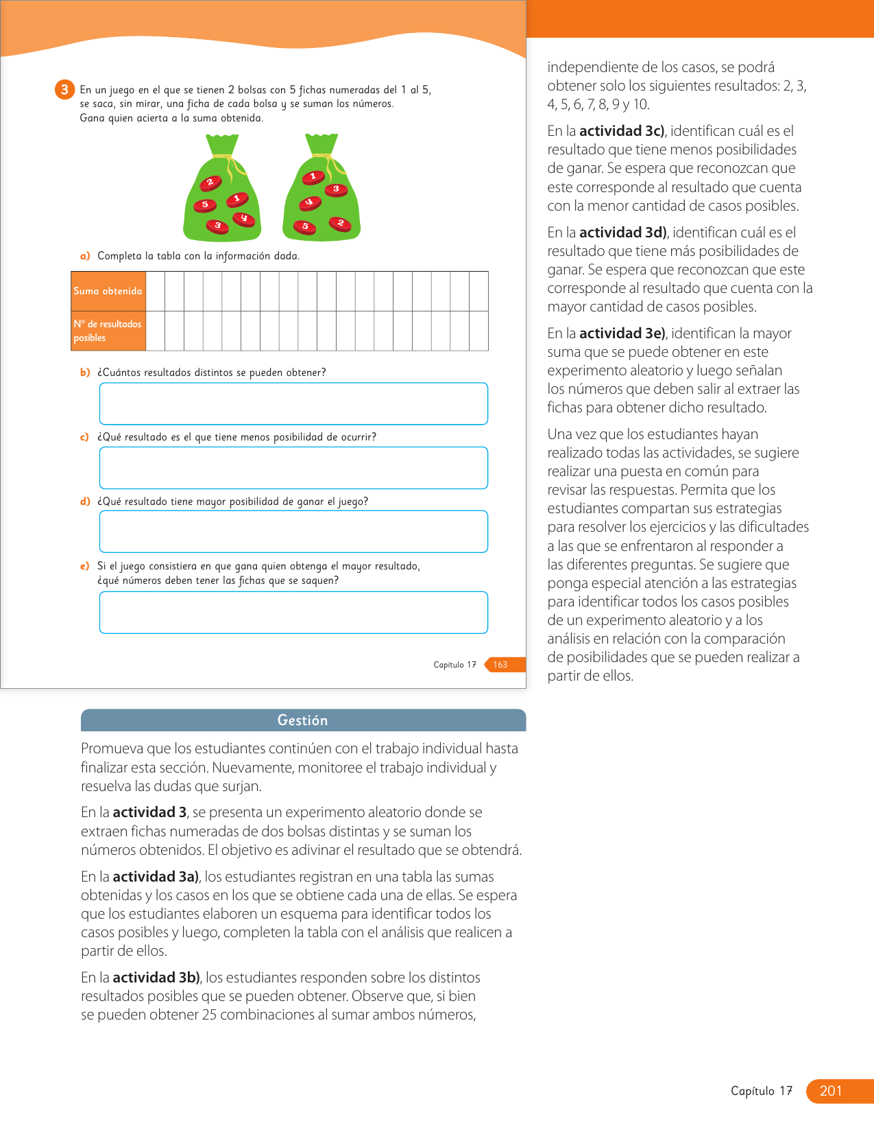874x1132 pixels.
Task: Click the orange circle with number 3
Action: (64, 89)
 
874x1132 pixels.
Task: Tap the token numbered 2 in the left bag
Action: (210, 182)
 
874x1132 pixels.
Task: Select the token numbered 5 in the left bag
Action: (204, 204)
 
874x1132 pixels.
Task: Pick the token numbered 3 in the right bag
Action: (335, 189)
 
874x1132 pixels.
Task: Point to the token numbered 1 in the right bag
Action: (313, 177)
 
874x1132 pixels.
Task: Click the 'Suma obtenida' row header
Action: (108, 291)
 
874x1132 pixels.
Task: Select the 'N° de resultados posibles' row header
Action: (108, 331)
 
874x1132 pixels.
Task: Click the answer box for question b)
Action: (293, 403)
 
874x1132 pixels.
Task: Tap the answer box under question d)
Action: (293, 532)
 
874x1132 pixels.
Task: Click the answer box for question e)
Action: (293, 612)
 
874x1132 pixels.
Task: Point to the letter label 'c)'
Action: (85, 437)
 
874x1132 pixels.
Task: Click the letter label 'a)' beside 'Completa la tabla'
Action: (85, 256)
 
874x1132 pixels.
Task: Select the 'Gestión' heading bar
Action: (303, 720)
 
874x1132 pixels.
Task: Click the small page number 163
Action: (500, 664)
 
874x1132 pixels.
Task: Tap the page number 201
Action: (830, 1091)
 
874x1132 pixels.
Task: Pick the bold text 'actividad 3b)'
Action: (156, 978)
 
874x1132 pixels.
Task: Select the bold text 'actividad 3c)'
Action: (622, 131)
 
